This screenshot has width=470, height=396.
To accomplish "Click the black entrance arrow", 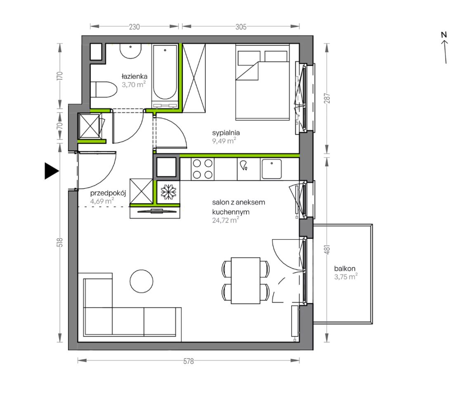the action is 51,171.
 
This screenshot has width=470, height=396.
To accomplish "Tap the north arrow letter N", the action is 444,35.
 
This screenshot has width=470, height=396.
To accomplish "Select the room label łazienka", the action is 134,76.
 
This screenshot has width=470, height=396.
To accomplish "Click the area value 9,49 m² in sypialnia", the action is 224,141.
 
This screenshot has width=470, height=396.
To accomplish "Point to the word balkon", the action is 345,269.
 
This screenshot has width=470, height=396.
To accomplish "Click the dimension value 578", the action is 189,361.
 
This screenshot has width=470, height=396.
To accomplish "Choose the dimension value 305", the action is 241,27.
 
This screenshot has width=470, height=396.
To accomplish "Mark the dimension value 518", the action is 61,242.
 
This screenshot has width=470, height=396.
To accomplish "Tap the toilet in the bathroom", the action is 103,89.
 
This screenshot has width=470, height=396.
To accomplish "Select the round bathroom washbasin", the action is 131,51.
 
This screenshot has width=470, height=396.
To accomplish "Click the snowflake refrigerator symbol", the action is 169,192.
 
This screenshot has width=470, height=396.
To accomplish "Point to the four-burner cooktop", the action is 202,169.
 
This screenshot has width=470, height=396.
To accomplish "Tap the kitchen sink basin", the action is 271,169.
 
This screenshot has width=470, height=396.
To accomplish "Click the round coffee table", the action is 142,281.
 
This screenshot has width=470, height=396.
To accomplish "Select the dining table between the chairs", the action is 246,280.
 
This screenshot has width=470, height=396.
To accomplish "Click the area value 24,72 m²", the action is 225,220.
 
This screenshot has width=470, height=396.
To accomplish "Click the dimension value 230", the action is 134,27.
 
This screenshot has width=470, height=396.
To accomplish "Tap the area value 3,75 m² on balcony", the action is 346,277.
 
